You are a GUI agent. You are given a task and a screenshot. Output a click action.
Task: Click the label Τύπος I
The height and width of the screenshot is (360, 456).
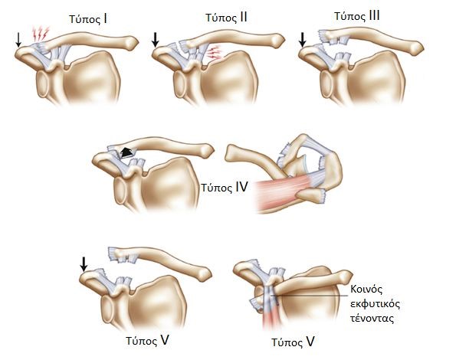(x=88, y=19)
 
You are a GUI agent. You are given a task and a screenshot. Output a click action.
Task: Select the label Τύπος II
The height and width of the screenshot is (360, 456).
(x=226, y=18)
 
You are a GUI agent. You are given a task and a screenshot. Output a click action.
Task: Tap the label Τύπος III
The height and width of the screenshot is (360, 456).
(x=357, y=15)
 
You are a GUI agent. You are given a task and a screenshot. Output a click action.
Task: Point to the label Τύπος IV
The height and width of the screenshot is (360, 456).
(x=225, y=188)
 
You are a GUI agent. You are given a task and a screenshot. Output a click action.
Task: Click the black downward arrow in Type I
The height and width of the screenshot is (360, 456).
(x=18, y=40)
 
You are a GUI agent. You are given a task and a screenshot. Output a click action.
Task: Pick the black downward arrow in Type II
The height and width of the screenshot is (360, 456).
(x=156, y=40)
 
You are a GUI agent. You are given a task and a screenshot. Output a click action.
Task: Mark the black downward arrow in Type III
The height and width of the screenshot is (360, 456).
(x=303, y=40)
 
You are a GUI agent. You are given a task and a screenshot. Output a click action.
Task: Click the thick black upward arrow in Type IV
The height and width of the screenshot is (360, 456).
(x=126, y=152)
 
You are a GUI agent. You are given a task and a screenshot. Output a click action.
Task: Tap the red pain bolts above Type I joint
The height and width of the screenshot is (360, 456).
(x=41, y=34)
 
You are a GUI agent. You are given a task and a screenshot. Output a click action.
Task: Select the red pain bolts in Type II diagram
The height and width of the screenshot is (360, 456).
(x=215, y=52)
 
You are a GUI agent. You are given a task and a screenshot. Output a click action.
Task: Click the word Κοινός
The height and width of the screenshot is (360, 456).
(x=366, y=289)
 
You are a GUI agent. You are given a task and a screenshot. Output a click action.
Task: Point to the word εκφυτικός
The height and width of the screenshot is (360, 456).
(x=376, y=304)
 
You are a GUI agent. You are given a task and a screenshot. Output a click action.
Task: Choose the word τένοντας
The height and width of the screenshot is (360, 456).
(x=372, y=319)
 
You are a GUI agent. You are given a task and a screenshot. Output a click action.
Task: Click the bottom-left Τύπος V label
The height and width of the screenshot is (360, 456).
(x=147, y=340)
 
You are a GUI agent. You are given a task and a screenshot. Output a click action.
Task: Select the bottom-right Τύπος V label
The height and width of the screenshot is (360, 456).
(x=293, y=342)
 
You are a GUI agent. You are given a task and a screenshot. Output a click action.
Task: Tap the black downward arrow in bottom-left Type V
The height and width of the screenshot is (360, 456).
(x=84, y=264)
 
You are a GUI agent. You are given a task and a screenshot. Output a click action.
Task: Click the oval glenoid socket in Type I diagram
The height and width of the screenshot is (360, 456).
(x=43, y=84)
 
